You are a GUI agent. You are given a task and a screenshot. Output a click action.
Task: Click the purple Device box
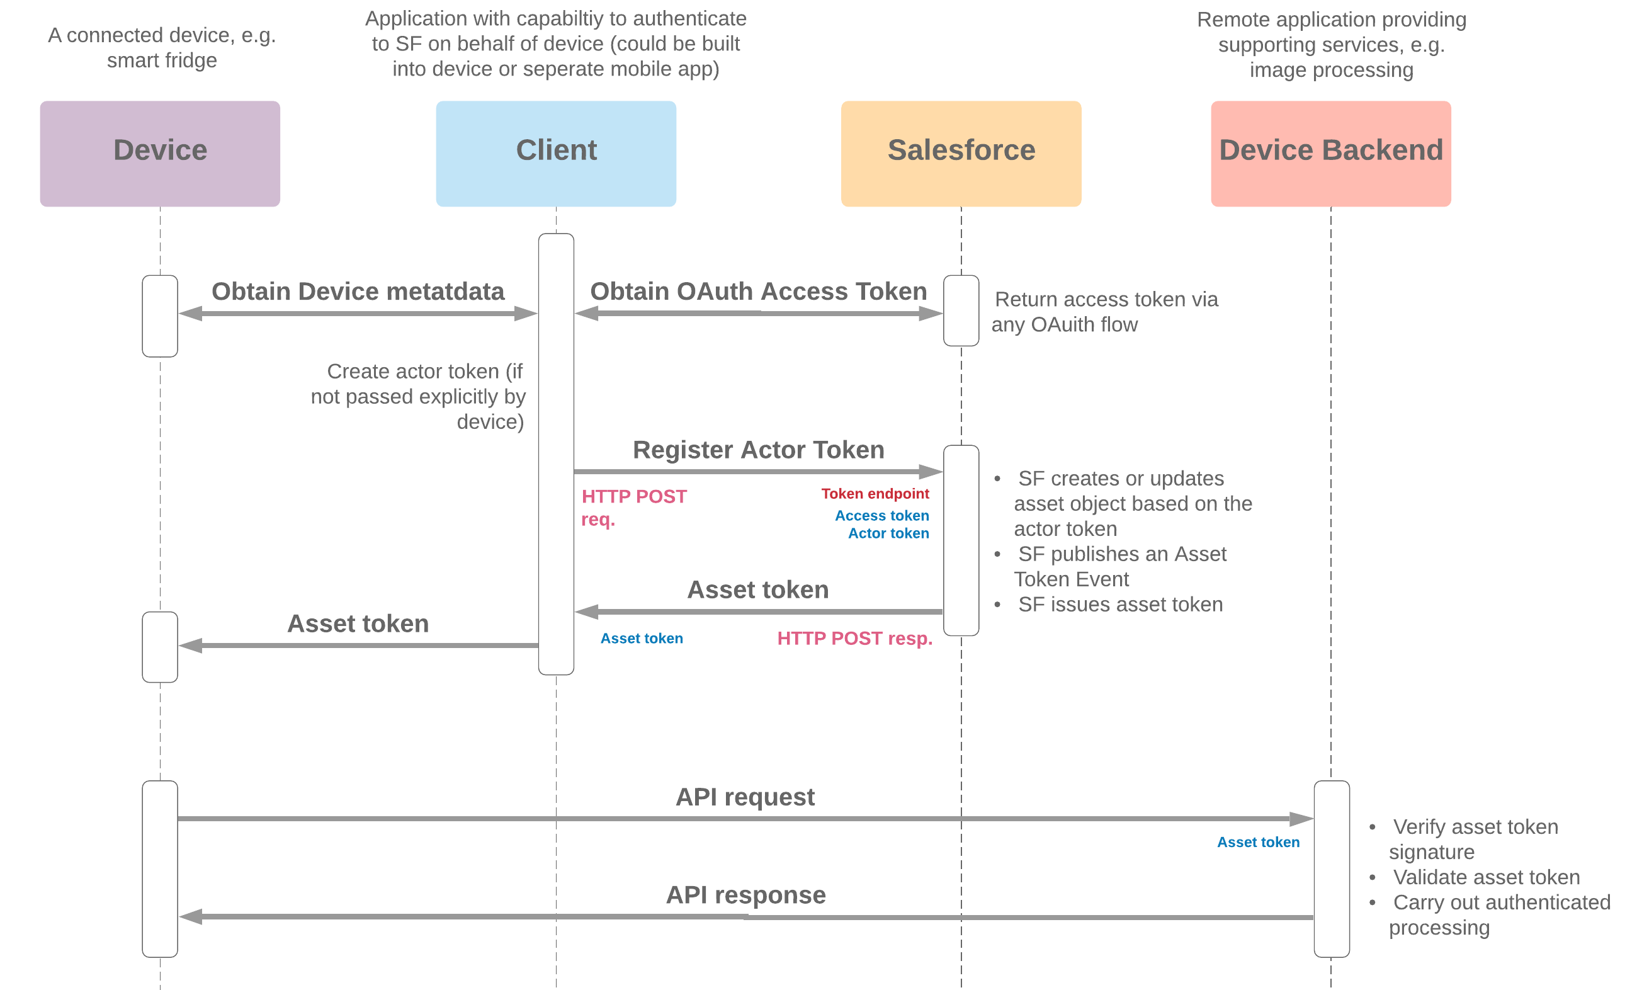tap(159, 154)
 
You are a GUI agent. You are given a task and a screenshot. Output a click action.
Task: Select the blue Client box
tap(555, 154)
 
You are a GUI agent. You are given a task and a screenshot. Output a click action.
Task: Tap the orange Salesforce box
tap(961, 154)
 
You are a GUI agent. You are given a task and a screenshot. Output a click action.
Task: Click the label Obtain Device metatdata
tap(358, 292)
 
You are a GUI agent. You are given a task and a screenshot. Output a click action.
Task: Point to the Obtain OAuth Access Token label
tap(758, 292)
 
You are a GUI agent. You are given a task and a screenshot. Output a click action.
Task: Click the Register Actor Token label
tap(758, 450)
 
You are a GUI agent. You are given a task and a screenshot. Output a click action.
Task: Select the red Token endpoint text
tap(875, 494)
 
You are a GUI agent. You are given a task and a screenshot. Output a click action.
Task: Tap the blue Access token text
tap(881, 516)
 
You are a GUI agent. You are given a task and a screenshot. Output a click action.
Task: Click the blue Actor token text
tap(888, 533)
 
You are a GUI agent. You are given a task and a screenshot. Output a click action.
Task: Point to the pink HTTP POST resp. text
tap(854, 639)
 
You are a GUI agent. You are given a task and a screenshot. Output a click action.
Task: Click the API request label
tap(745, 797)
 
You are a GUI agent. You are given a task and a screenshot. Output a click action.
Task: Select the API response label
tap(745, 895)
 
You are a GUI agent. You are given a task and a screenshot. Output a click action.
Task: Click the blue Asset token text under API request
tap(1257, 843)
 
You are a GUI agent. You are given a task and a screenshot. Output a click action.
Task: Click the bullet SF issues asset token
tap(1119, 605)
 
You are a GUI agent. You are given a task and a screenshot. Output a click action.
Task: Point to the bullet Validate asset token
tap(1485, 877)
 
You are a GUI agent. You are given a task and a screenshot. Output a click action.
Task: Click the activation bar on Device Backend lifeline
tap(1331, 868)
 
